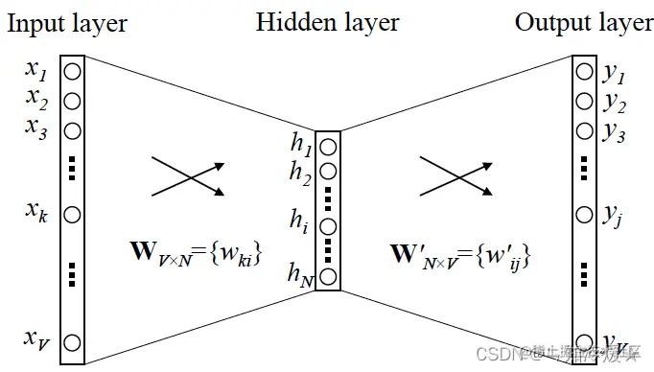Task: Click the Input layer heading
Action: (67, 23)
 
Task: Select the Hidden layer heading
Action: (327, 23)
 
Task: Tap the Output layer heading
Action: (584, 23)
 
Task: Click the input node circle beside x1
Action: (73, 71)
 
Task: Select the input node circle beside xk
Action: (73, 214)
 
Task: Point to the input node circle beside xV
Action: (73, 341)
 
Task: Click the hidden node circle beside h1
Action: (328, 147)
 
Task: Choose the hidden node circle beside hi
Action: (328, 227)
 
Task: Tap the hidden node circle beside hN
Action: (328, 278)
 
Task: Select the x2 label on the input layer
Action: (36, 98)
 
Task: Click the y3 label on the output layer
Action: (614, 133)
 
